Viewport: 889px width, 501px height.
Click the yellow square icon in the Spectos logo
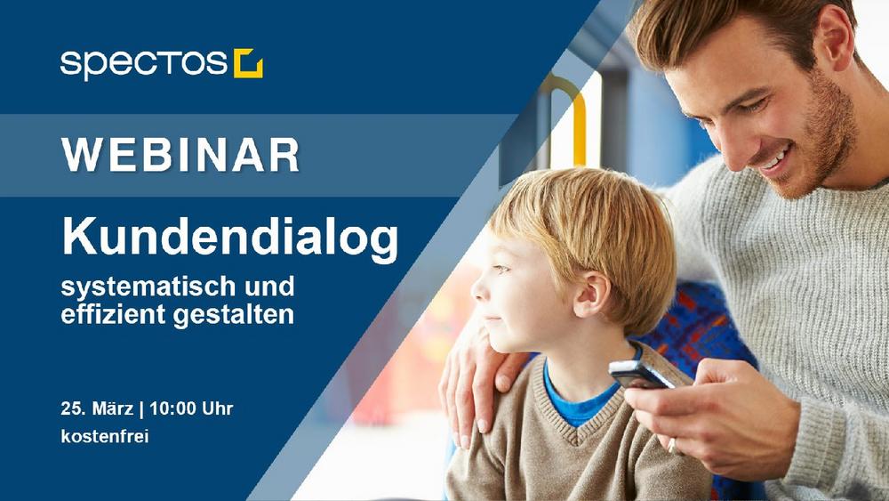click(x=248, y=63)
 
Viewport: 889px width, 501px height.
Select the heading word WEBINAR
click(x=180, y=155)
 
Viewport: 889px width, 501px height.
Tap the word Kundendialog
click(x=230, y=238)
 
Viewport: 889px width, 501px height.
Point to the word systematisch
click(x=148, y=287)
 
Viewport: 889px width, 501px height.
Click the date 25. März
click(x=97, y=408)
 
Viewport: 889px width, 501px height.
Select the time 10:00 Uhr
click(x=191, y=408)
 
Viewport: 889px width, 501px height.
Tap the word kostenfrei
click(x=105, y=436)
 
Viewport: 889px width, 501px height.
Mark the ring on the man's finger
click(x=672, y=445)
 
